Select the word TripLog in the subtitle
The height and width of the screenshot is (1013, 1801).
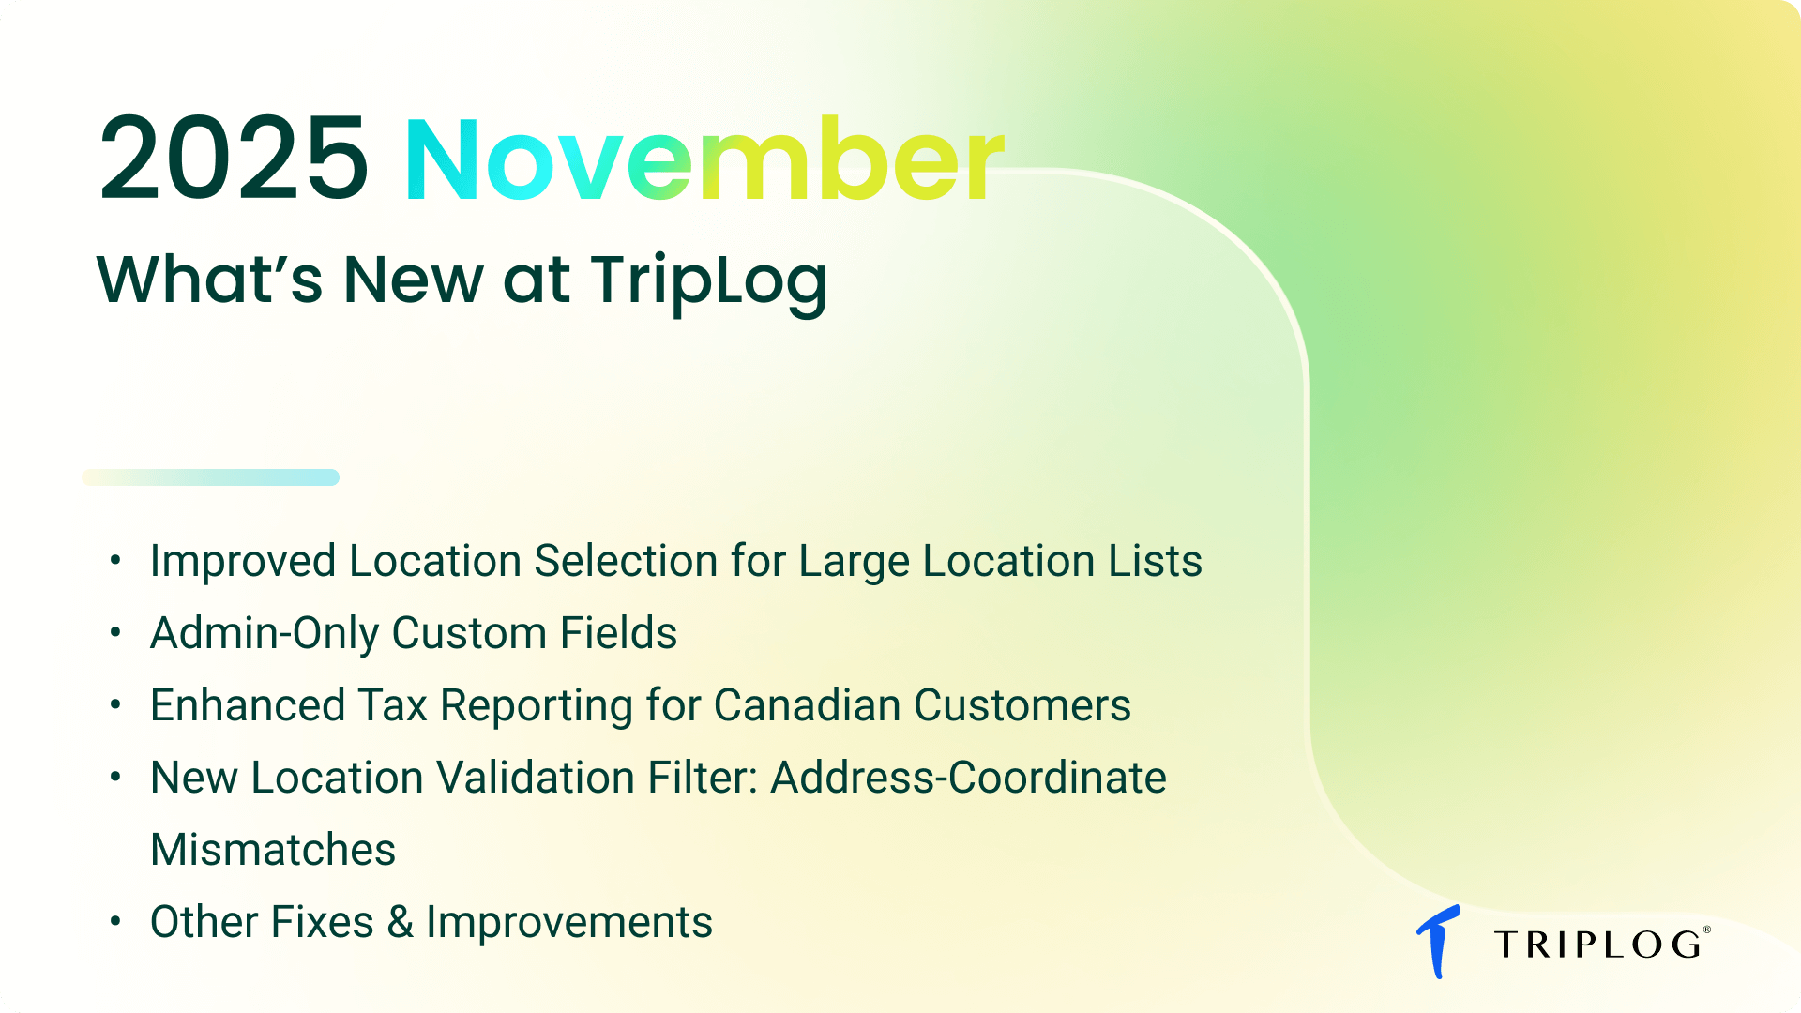(x=708, y=280)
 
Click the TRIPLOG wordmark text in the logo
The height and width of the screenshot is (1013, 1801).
(x=1597, y=945)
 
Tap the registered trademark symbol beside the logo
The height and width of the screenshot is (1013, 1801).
(x=1707, y=930)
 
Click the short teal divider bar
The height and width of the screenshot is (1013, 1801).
(x=211, y=477)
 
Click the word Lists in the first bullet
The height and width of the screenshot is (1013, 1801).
(x=1155, y=561)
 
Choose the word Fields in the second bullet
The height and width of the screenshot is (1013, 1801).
(x=618, y=633)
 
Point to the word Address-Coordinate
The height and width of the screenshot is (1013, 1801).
(x=968, y=778)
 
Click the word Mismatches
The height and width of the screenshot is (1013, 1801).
(x=273, y=850)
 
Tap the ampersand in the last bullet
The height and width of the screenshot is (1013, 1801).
(x=401, y=922)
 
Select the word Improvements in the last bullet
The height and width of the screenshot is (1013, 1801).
(x=569, y=922)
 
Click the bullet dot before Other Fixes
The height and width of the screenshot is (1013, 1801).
(x=115, y=921)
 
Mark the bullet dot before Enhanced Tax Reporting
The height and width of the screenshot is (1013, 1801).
(x=115, y=704)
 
